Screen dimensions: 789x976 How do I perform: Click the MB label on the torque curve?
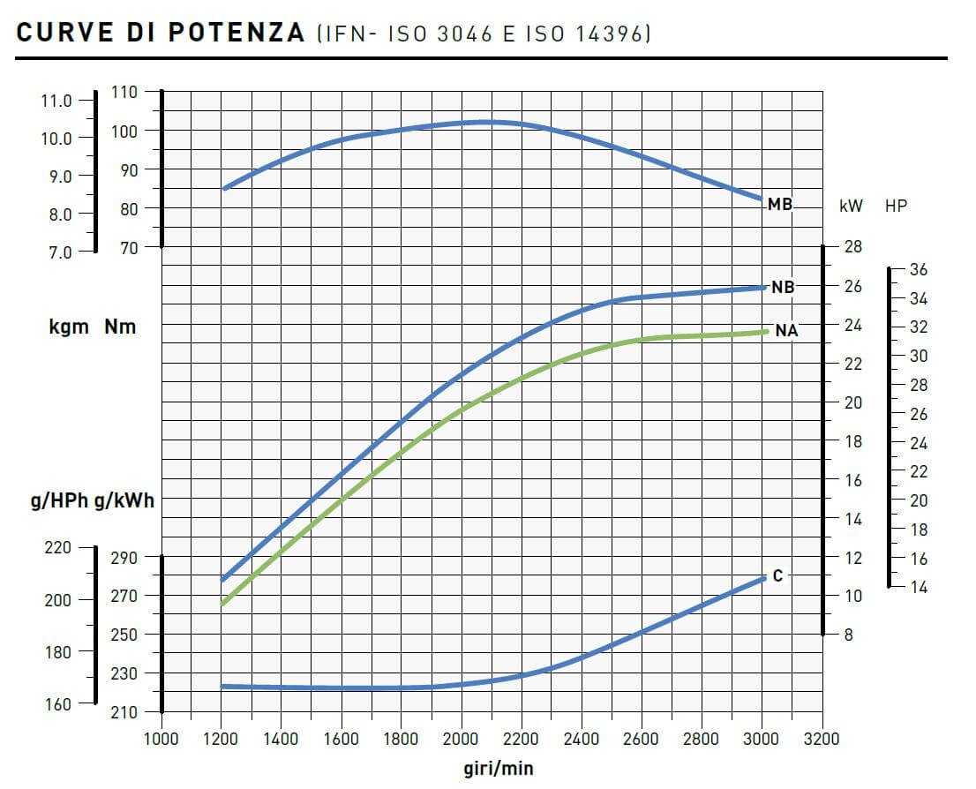click(x=779, y=205)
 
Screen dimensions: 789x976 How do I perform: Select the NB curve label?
click(x=782, y=288)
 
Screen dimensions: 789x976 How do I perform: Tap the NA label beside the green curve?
click(x=786, y=331)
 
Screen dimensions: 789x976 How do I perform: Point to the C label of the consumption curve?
click(x=777, y=576)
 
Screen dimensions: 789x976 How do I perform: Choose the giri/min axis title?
click(x=498, y=768)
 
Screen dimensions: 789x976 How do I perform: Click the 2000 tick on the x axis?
click(x=462, y=739)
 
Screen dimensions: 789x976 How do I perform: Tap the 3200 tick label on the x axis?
click(x=822, y=739)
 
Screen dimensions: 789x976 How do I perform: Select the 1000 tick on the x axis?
click(x=161, y=739)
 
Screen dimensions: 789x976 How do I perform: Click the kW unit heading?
click(x=851, y=207)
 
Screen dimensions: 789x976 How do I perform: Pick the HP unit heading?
click(x=896, y=207)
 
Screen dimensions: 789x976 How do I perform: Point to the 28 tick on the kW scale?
click(x=853, y=246)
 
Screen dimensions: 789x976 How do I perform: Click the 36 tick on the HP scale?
click(x=919, y=268)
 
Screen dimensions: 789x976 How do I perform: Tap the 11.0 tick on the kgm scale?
click(x=56, y=100)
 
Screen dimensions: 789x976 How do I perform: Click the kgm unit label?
click(x=69, y=327)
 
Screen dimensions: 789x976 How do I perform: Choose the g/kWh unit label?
click(x=124, y=502)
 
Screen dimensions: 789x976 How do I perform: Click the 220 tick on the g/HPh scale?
click(x=56, y=548)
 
